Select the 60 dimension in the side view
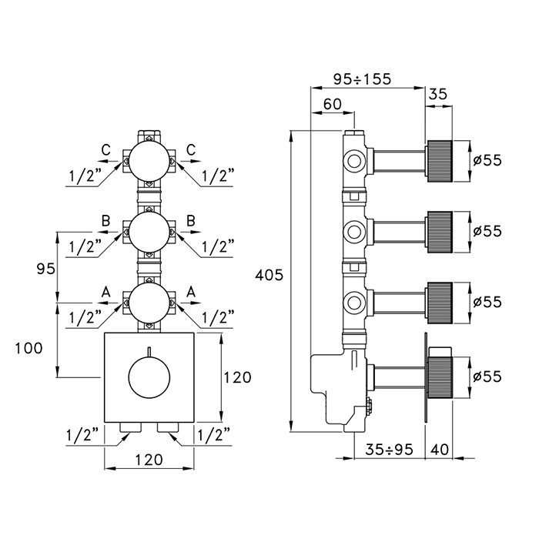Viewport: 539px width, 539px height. [333, 104]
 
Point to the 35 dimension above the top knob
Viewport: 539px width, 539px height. [437, 94]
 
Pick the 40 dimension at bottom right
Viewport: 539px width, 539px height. [439, 447]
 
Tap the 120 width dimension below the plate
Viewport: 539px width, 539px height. [149, 460]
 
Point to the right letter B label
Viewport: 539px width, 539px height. [189, 220]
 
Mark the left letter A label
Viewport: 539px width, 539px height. [107, 290]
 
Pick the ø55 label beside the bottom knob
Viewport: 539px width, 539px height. [487, 377]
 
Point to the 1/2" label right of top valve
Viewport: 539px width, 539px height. [218, 176]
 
